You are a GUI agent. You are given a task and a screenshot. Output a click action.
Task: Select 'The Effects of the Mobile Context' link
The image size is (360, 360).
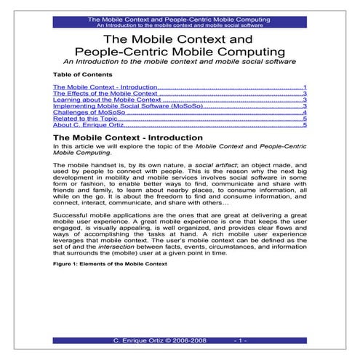click(105, 94)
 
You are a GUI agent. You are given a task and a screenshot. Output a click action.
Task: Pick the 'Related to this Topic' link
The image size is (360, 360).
click(85, 120)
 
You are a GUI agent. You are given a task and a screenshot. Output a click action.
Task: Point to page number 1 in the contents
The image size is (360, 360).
click(305, 87)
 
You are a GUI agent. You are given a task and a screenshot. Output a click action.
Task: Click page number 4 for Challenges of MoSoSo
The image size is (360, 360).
click(305, 113)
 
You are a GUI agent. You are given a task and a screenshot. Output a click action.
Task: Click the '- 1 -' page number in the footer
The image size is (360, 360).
click(242, 340)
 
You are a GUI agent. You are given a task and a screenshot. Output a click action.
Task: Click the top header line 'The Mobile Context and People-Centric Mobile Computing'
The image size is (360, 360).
click(179, 18)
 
